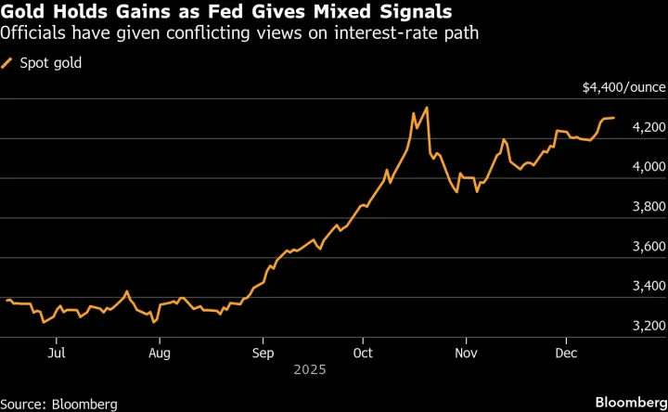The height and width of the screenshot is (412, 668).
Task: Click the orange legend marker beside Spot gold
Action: click(8, 63)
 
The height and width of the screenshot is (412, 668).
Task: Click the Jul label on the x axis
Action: click(57, 353)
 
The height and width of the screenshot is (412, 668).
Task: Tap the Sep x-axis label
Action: click(263, 353)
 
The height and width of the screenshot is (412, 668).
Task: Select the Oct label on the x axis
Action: click(364, 353)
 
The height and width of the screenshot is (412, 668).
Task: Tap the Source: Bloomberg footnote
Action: click(59, 404)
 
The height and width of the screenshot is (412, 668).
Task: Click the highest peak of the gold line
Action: click(426, 108)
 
